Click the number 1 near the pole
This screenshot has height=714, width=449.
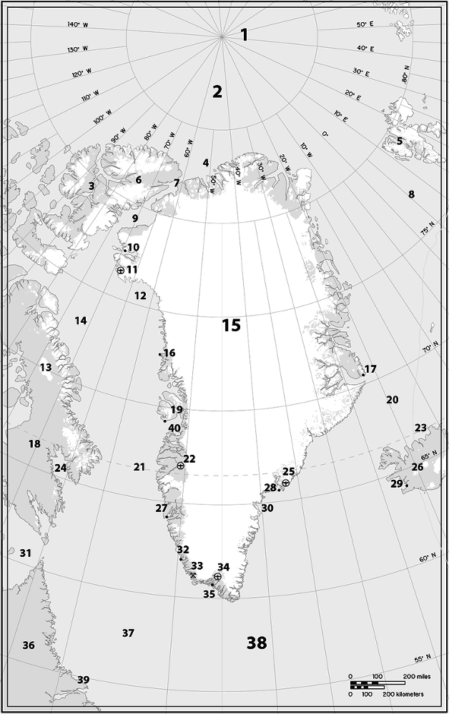click(245, 34)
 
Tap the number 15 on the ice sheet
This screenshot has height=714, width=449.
click(231, 326)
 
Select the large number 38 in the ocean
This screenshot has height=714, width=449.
click(257, 643)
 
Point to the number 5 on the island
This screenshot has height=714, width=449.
click(400, 141)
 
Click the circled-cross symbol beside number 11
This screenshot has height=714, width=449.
click(120, 270)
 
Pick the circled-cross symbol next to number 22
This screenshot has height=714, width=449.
click(180, 466)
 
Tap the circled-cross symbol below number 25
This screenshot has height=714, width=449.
click(285, 483)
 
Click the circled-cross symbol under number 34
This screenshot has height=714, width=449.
click(217, 576)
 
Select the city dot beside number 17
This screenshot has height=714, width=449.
click(363, 375)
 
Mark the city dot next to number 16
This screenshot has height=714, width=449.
click(159, 354)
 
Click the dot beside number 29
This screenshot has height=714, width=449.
click(406, 486)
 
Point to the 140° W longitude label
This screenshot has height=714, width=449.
click(77, 25)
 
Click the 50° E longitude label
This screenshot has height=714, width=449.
click(365, 25)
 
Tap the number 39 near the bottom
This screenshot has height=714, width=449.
click(84, 679)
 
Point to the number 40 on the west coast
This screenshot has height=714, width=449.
click(174, 428)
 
